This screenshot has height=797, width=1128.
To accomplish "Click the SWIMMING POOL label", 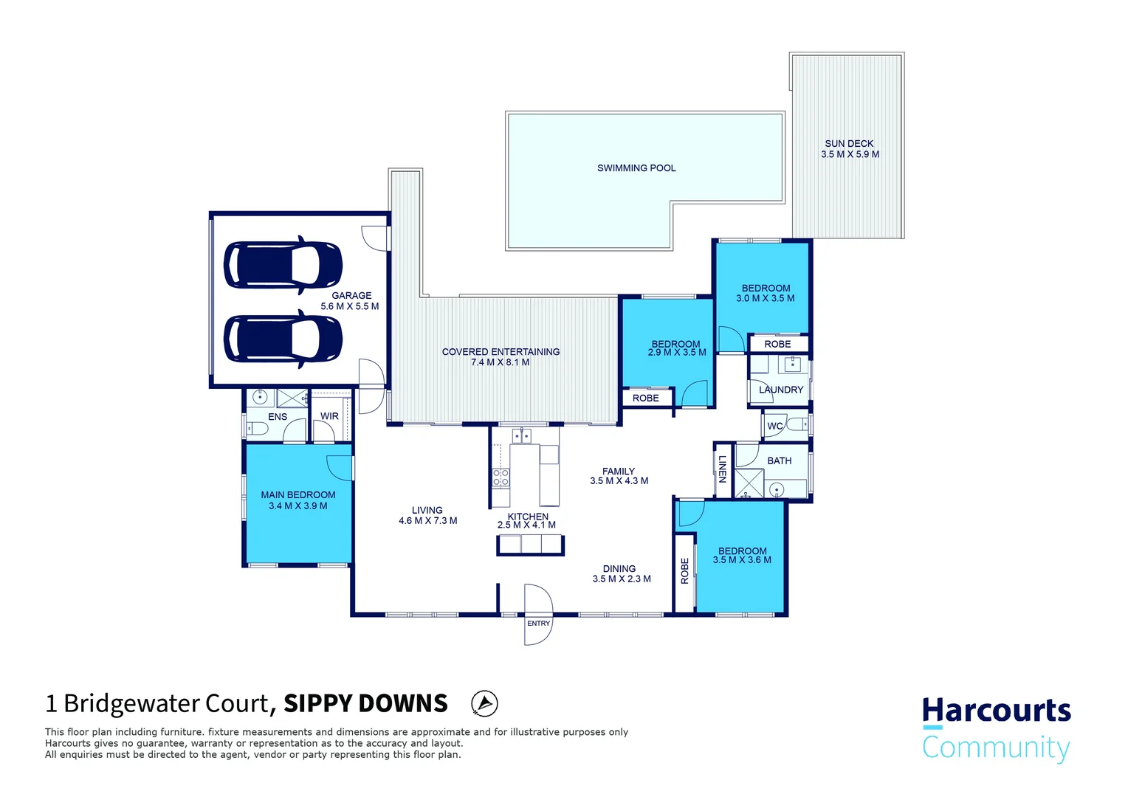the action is click(636, 168).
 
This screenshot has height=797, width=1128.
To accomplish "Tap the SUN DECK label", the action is click(849, 143).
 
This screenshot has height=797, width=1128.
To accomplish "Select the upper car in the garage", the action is click(283, 265).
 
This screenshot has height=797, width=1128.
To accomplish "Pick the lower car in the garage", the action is click(283, 339).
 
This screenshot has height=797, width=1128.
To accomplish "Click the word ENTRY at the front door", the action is click(538, 624).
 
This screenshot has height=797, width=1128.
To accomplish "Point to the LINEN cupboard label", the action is click(723, 469).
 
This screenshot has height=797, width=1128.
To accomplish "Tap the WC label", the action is click(774, 426).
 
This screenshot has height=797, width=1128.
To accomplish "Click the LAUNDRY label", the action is click(780, 390).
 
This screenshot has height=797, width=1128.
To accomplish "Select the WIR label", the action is click(329, 416).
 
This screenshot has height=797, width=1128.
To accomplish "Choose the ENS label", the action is click(278, 416).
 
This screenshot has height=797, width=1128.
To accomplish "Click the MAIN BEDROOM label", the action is click(298, 495).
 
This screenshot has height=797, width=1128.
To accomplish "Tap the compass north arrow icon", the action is click(484, 703).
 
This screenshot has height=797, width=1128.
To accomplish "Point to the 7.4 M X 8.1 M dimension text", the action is click(500, 362).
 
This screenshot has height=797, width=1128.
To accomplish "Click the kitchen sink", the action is click(521, 435).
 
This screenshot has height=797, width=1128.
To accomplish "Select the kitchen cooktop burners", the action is click(501, 477).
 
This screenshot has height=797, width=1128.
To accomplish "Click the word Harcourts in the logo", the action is click(996, 711).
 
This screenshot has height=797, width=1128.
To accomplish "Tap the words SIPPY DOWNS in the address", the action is click(365, 703).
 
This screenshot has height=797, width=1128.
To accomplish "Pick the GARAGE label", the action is click(351, 295).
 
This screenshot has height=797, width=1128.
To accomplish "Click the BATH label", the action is click(779, 460).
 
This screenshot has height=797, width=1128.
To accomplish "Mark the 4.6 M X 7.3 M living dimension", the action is click(428, 520).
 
